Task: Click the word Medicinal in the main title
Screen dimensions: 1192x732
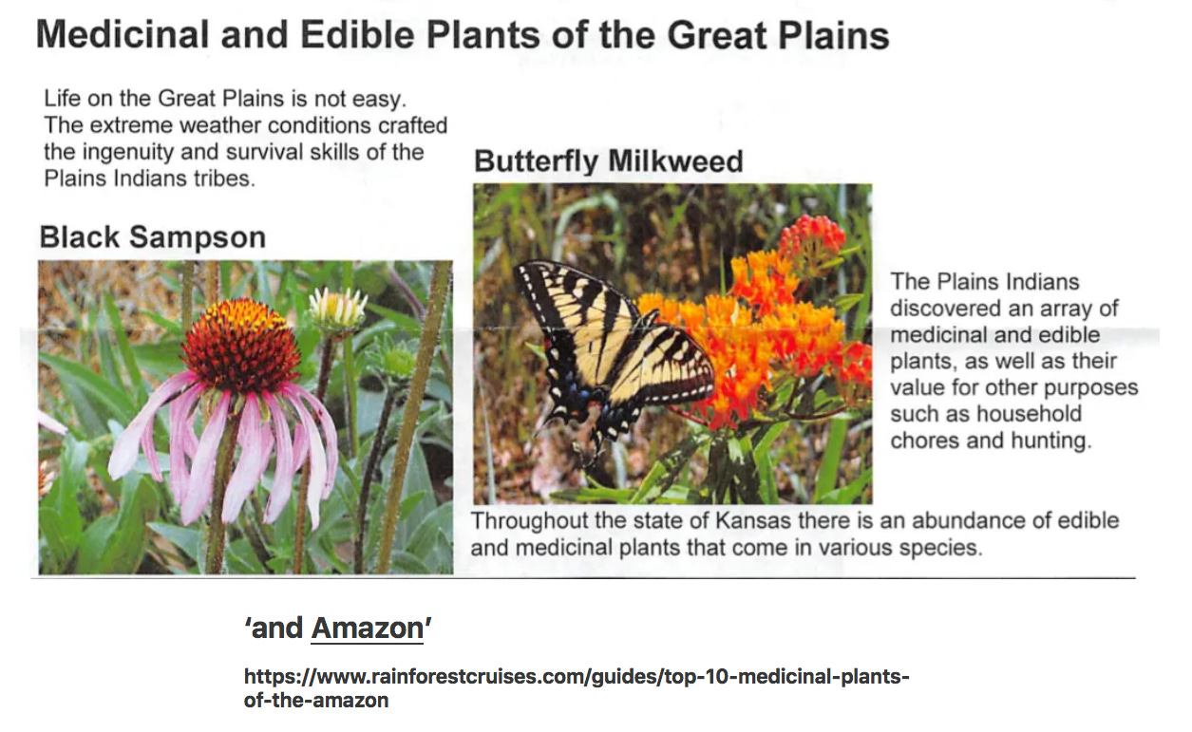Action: tap(123, 35)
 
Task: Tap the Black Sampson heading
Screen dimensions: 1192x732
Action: tap(153, 237)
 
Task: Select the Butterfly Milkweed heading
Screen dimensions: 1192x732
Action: tap(608, 161)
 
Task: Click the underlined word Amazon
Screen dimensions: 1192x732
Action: tap(368, 629)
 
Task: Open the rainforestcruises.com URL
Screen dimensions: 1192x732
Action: tap(577, 687)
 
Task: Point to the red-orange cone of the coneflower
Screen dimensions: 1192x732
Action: tap(240, 345)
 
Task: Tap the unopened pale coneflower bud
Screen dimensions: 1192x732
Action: tap(337, 308)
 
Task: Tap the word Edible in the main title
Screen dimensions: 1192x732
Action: tap(357, 35)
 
